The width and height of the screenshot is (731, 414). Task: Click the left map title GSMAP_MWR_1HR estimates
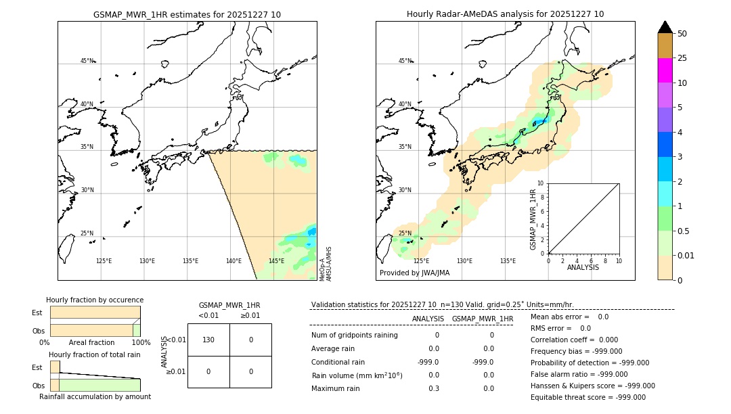point(187,14)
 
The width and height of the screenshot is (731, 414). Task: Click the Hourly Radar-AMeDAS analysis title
point(505,14)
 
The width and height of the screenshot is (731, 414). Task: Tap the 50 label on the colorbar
point(682,34)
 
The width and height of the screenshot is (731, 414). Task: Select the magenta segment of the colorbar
point(665,70)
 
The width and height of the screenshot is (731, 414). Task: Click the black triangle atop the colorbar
point(665,27)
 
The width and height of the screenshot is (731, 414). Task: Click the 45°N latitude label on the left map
point(87,61)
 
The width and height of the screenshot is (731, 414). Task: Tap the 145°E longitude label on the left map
point(276,261)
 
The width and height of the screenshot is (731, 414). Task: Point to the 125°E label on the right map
point(421,261)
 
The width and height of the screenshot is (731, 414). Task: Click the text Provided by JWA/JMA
point(414,273)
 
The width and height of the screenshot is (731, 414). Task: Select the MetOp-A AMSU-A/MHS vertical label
point(326,264)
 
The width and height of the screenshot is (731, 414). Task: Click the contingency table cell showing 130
point(208,340)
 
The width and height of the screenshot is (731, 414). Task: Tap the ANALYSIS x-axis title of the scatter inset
point(583,267)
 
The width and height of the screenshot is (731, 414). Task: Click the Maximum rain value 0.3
point(433,388)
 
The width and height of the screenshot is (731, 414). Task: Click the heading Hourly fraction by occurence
point(95,300)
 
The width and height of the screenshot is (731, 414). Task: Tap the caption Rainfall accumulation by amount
point(95,397)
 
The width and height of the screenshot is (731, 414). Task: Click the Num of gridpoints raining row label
point(355,336)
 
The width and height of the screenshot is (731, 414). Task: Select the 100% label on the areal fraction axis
point(141,343)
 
